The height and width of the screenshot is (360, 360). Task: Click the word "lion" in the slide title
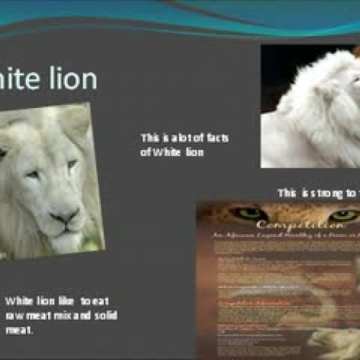73,79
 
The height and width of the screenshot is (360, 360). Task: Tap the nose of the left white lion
66,214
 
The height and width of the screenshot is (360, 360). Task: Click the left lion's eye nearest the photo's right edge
72,164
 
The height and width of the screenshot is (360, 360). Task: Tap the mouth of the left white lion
69,229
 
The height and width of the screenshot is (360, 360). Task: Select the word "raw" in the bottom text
14,316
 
